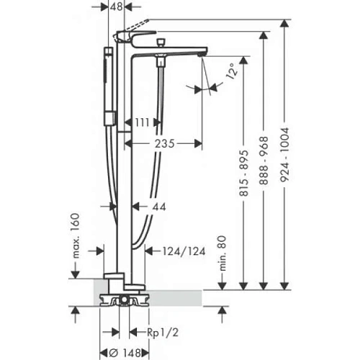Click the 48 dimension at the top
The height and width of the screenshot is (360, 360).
click(x=116, y=6)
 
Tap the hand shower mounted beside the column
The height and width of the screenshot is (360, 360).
click(x=108, y=83)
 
